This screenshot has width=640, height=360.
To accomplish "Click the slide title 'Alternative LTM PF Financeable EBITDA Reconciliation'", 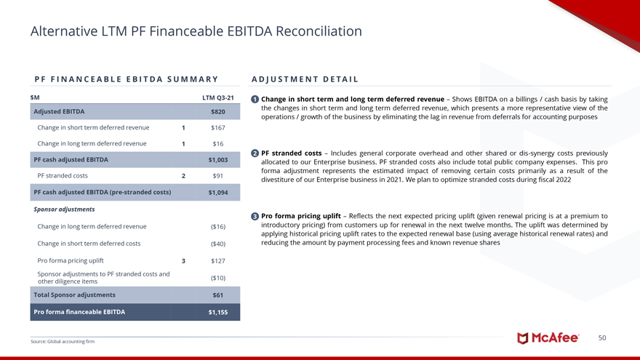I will point(196,31).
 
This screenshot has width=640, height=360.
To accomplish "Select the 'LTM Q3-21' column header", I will point(217,97).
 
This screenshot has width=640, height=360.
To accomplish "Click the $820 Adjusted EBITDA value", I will point(217,112).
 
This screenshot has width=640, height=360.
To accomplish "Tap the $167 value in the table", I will point(217,127).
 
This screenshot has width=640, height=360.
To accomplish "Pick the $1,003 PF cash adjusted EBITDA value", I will point(217,160).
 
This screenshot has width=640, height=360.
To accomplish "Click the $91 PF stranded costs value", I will point(217,176).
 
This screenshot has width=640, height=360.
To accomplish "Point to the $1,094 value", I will point(217,193).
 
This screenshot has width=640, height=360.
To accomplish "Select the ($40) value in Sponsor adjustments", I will point(217,244).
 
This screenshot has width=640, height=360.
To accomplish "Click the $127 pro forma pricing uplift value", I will point(217,260).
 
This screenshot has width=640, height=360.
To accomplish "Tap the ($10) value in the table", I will point(217,278).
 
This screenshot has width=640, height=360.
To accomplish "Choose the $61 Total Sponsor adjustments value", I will point(217,295).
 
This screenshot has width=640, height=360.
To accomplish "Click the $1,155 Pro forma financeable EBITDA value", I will point(217,312).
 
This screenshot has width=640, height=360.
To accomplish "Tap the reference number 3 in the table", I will point(183,260).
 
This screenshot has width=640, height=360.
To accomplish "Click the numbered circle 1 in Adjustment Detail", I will point(254,99).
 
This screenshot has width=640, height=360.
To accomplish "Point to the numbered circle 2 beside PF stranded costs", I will point(254,153).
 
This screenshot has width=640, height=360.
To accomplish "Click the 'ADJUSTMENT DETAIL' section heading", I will point(304,79).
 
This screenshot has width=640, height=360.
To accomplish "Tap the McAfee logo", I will point(548,338).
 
